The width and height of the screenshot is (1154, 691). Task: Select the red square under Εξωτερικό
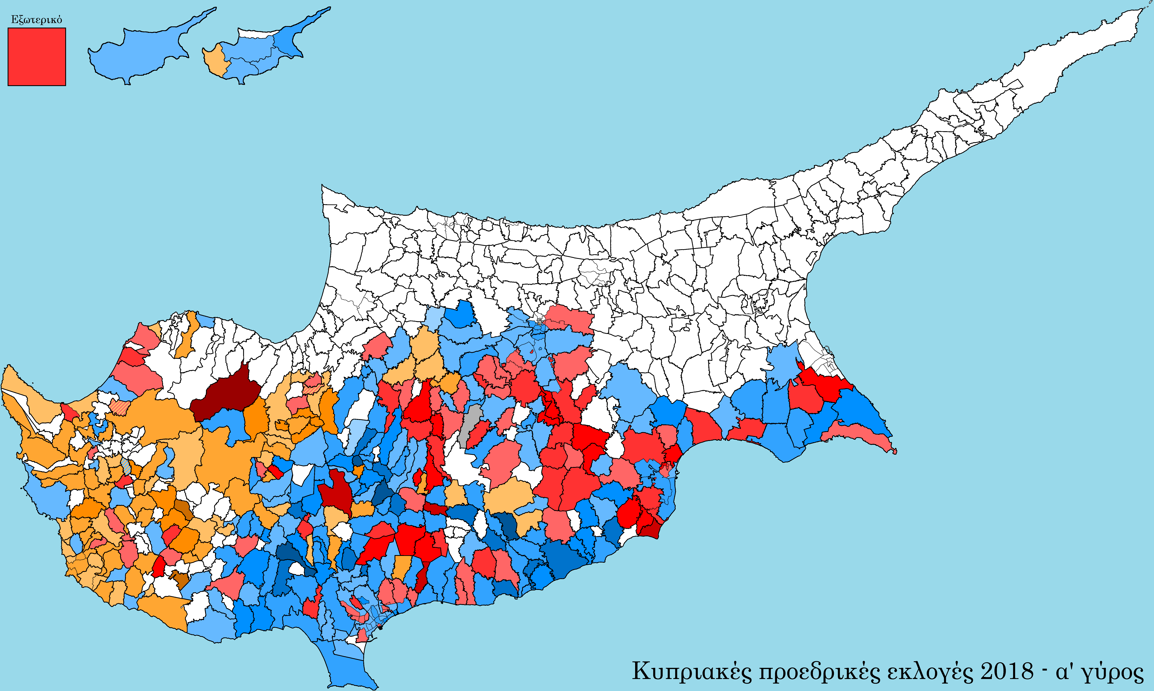[37, 57]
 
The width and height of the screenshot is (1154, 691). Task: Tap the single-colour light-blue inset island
[140, 51]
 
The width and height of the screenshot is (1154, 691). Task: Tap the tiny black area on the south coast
[380, 628]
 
